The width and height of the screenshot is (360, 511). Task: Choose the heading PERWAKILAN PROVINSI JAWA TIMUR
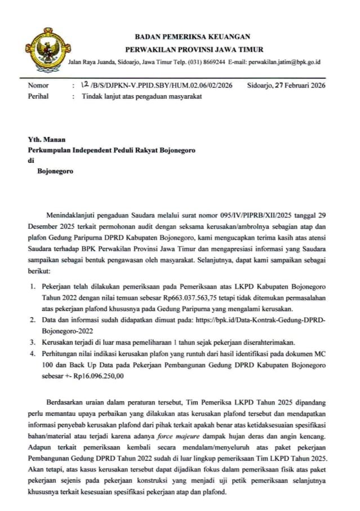[194, 50]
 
